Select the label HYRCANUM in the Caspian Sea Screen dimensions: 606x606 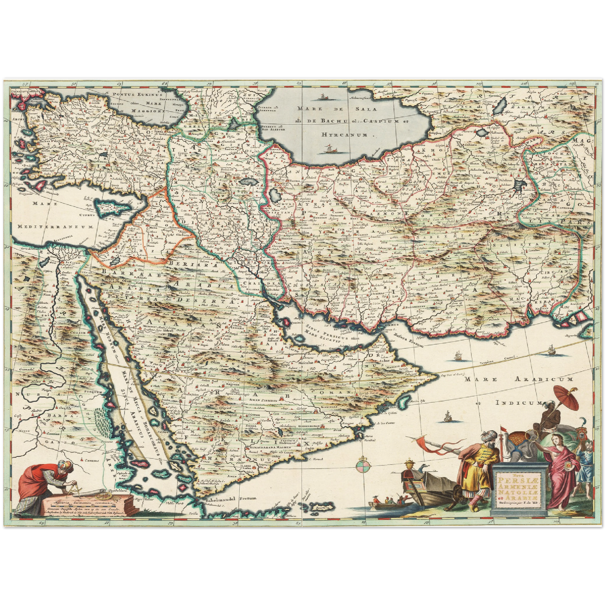[344, 135]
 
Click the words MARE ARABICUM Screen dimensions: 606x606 [518, 379]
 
